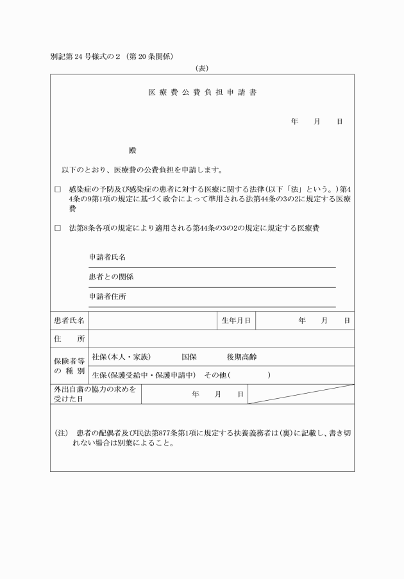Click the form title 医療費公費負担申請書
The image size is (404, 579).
point(202,92)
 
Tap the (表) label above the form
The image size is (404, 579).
point(202,68)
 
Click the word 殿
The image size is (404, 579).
point(133,151)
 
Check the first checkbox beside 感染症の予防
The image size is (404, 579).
point(58,190)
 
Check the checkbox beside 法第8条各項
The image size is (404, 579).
point(58,228)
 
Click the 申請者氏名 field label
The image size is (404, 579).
point(107,257)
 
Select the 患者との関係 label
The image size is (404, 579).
point(111,277)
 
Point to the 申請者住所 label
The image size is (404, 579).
point(107,297)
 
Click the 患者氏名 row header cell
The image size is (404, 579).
point(69,320)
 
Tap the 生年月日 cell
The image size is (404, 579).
point(235,320)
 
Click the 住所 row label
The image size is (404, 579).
point(69,339)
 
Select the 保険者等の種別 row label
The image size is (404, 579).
point(69,365)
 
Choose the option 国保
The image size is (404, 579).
point(189,357)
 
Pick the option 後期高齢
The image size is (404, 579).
point(241,357)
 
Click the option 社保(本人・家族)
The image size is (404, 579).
point(121,357)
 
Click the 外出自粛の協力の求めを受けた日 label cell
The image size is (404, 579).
point(96,394)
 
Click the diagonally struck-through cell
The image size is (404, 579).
point(300,394)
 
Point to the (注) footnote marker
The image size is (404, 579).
point(62,433)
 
